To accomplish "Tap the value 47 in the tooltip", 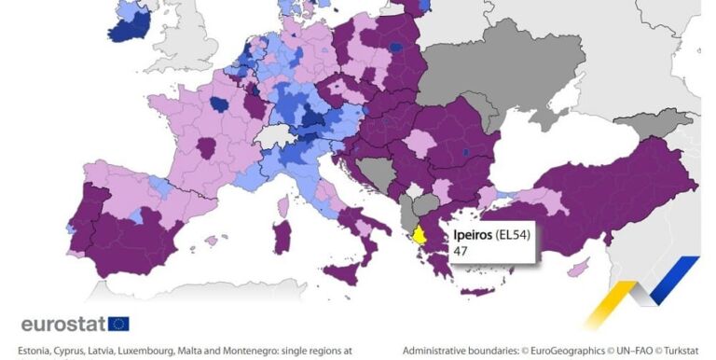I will (461, 252).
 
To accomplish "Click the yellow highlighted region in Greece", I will (420, 235).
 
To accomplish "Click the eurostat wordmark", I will (62, 324).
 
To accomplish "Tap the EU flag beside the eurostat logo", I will (119, 324).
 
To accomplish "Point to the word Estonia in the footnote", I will (35, 351).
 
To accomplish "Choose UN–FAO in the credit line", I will (621, 351).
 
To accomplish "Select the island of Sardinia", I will (281, 237).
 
